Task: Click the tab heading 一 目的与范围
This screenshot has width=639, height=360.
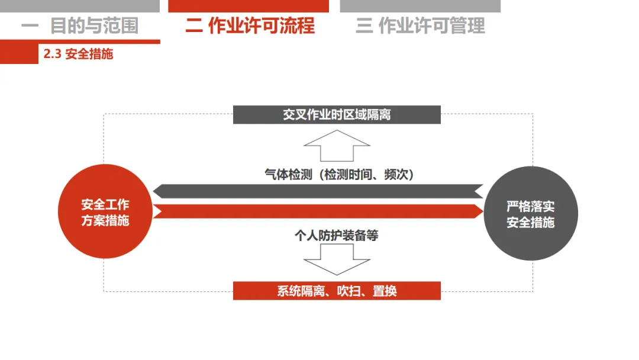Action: click(x=80, y=26)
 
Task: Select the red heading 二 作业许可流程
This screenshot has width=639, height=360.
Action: click(x=250, y=26)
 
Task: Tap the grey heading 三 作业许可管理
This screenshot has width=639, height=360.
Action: click(x=420, y=26)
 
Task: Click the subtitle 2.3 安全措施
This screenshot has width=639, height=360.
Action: click(x=78, y=54)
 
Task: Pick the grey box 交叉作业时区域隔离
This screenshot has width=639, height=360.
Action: click(x=337, y=114)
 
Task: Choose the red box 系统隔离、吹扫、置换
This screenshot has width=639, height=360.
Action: click(x=337, y=291)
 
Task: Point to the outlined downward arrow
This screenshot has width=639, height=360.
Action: click(x=337, y=259)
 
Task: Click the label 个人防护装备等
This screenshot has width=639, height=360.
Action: click(x=337, y=236)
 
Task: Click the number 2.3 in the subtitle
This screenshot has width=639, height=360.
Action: click(x=52, y=54)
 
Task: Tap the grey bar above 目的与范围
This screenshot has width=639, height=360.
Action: click(x=80, y=6)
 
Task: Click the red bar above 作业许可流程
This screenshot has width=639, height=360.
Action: click(x=248, y=6)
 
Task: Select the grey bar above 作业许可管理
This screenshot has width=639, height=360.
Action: click(x=420, y=6)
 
